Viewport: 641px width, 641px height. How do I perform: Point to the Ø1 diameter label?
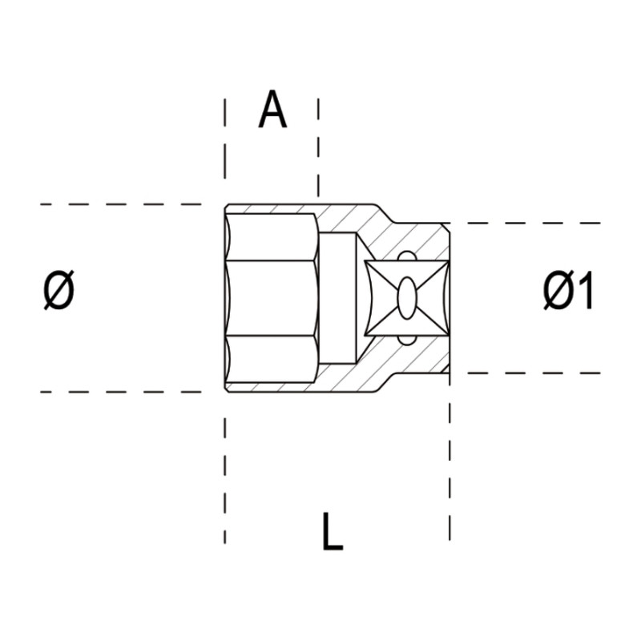click(568, 292)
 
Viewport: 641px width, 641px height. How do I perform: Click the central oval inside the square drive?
click(406, 298)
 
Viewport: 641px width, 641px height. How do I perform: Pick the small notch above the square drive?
click(406, 256)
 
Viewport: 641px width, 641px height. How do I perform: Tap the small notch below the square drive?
click(406, 341)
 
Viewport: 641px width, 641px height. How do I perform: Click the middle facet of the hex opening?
click(272, 298)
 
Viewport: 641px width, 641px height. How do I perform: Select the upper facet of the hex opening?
click(272, 236)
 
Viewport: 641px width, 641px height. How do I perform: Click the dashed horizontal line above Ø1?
click(529, 223)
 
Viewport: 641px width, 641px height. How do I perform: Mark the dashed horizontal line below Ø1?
click(529, 373)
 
